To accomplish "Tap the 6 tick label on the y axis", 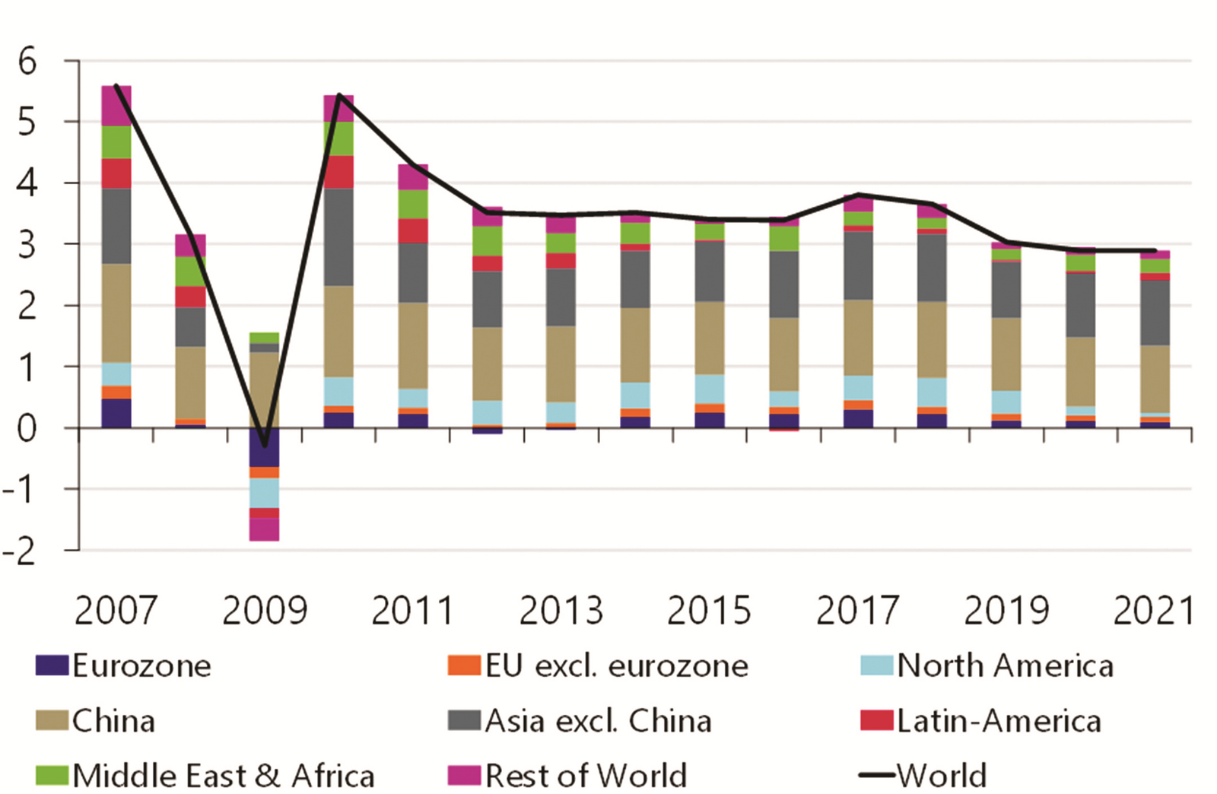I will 27,62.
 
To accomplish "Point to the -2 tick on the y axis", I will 20,551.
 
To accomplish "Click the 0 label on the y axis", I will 27,429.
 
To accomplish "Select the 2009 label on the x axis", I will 265,611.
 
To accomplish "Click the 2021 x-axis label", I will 1153,611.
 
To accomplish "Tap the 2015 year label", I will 709,611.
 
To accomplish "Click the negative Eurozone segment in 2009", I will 265,447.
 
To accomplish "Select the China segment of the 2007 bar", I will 116,313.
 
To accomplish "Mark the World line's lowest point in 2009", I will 265,446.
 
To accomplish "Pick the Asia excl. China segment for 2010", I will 338,237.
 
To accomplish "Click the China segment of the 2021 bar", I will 1155,379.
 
